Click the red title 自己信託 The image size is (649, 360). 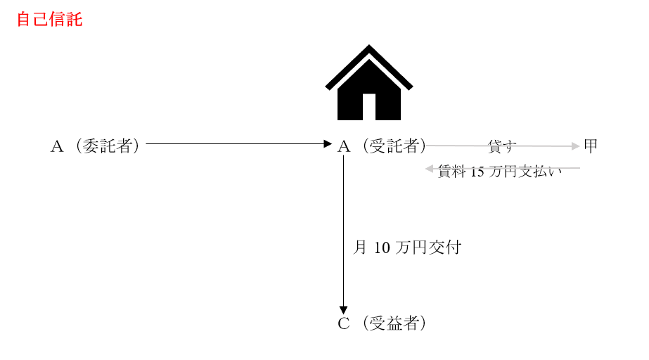tap(50, 20)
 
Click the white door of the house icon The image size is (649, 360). tap(368, 107)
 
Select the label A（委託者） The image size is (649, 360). tap(95, 146)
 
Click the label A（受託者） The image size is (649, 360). tap(382, 146)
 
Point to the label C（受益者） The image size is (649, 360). tap(382, 323)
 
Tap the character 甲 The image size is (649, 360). tap(591, 146)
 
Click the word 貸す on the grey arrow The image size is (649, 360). tap(502, 146)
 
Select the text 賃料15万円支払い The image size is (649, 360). tap(499, 171)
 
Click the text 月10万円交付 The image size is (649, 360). tap(407, 247)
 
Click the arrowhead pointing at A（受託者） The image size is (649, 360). tap(328, 144)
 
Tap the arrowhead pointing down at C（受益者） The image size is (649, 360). tap(343, 310)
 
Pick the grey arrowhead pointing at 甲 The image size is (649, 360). tap(575, 146)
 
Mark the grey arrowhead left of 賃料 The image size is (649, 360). tap(429, 169)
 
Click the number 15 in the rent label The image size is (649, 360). tap(477, 172)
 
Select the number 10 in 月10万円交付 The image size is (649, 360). tap(382, 248)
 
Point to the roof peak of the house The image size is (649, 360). tap(368, 45)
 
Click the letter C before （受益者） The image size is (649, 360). tap(344, 323)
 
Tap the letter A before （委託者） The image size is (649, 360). tap(57, 146)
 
